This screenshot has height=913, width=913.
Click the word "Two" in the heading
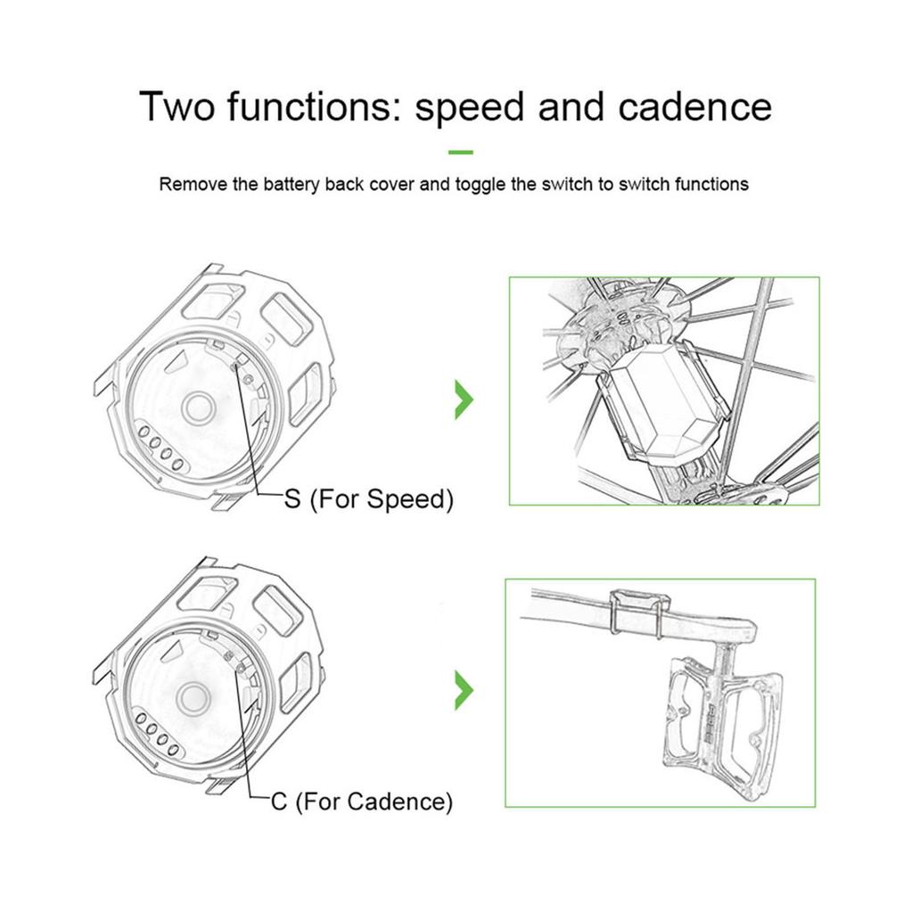pyautogui.click(x=177, y=107)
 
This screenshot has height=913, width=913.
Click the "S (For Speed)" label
pyautogui.click(x=368, y=498)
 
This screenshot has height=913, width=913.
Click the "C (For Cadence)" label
pyautogui.click(x=361, y=802)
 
